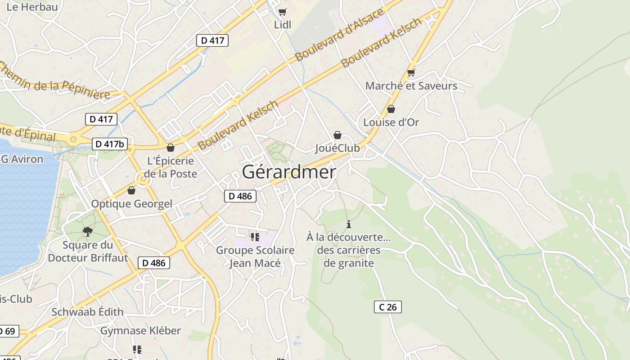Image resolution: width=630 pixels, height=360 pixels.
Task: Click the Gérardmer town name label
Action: point(289,172)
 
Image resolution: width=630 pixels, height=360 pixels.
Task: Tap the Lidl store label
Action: point(283,25)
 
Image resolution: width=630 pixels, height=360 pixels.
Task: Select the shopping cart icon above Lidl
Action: point(282,12)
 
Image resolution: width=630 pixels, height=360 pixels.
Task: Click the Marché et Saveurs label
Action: point(411,86)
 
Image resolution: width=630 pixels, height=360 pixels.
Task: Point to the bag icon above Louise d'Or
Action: point(391,109)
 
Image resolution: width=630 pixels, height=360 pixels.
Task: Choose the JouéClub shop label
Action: point(337,148)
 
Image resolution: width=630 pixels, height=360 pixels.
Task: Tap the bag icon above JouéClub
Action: point(337,135)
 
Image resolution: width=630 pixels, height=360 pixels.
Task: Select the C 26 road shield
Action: point(387,307)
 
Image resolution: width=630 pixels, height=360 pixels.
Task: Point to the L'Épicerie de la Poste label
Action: point(171,167)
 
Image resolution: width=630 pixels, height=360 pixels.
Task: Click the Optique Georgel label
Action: point(132,204)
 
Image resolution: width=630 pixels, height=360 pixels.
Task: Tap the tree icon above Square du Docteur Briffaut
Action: point(88,232)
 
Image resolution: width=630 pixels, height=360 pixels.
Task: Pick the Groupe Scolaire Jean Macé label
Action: point(255,256)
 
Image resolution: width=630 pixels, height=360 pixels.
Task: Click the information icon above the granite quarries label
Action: point(348,224)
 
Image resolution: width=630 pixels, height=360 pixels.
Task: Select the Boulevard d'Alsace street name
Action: point(340,35)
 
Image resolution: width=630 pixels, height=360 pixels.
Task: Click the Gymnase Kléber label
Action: point(140,331)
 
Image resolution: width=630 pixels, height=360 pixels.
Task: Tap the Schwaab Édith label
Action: point(87,312)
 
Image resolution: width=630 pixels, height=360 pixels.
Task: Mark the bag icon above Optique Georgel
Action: point(131,191)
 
